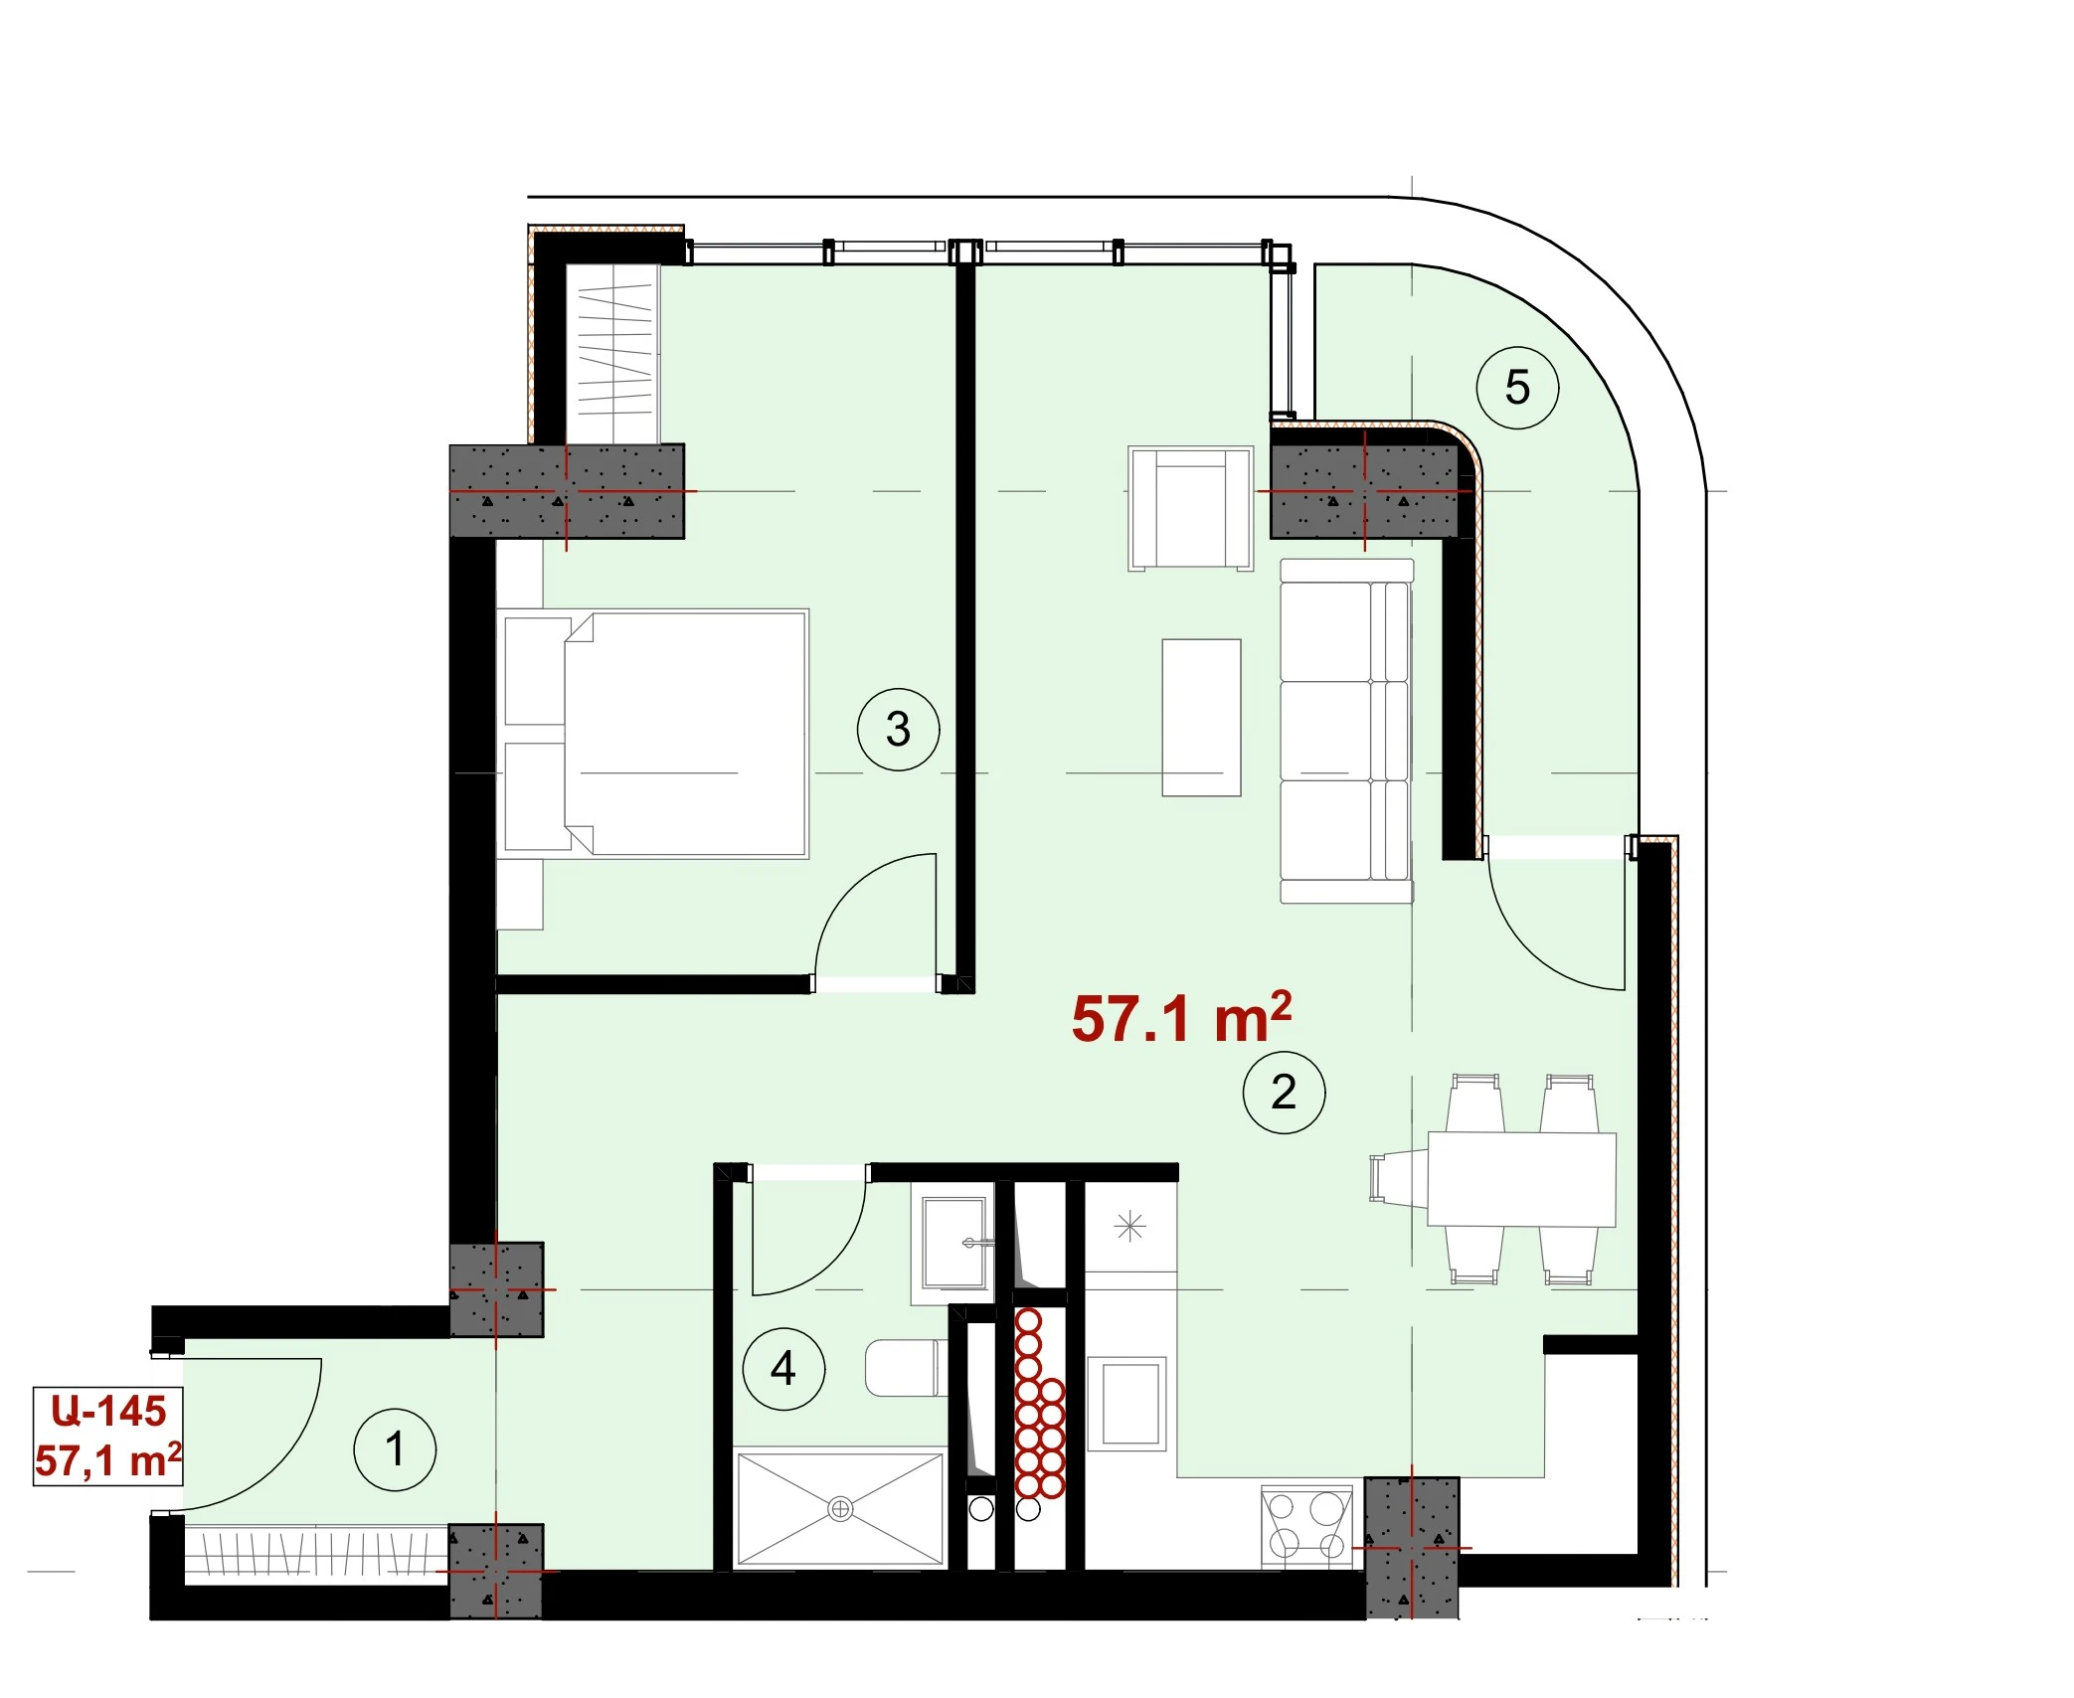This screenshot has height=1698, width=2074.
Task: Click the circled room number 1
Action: coord(395,1448)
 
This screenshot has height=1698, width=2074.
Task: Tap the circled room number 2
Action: coord(1284,1092)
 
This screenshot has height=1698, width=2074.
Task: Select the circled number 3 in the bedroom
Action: coord(898,729)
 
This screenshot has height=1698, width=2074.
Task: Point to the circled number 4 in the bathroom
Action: coord(783,1368)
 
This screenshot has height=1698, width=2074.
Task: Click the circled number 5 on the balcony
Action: coord(1517,387)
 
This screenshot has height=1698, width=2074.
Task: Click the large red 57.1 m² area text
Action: coord(1181,1017)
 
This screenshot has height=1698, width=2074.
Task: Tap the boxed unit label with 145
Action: coord(108,1436)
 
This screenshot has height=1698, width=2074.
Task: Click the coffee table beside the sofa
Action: coord(1201,717)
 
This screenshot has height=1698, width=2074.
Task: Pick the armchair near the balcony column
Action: coord(1190,508)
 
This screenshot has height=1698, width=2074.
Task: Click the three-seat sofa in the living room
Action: coord(1346,731)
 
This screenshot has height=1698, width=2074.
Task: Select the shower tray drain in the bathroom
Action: coord(840,1509)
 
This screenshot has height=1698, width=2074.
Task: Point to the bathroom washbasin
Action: coord(954,1243)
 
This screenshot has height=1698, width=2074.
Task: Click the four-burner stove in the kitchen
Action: coord(1306,1526)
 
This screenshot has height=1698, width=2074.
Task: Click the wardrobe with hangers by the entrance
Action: coord(316,1552)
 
